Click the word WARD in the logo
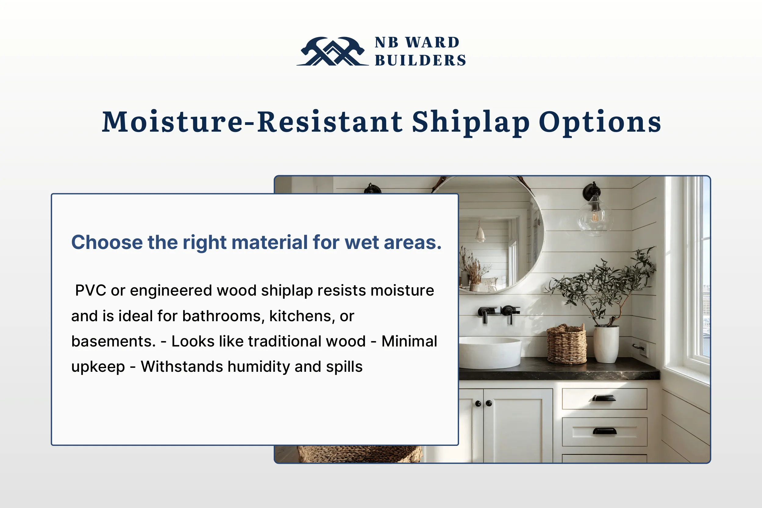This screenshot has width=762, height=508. (433, 42)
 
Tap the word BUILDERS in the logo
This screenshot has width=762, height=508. (420, 61)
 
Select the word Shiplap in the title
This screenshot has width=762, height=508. (471, 123)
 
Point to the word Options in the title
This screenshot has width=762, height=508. (600, 122)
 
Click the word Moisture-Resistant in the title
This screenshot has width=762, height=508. (252, 122)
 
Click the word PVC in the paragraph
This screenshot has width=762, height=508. (91, 290)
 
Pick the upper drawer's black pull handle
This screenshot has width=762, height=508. (604, 398)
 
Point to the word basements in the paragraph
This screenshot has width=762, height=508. (113, 341)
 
